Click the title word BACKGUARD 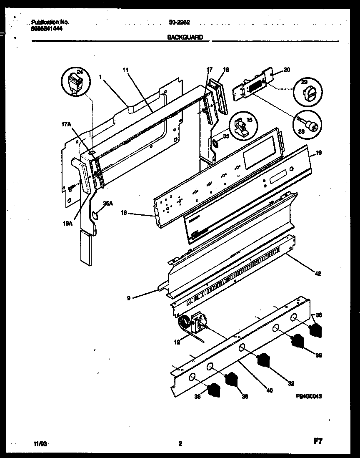(185, 37)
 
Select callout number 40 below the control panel (269, 391)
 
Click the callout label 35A (107, 203)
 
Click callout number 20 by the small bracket (287, 70)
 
